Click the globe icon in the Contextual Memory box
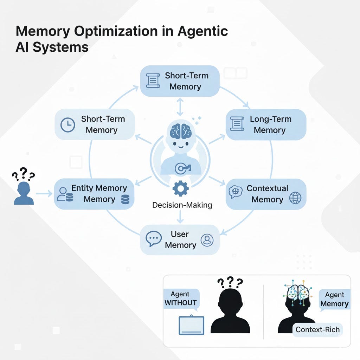pos(295,198)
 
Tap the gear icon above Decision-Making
pos(180,188)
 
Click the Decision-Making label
pos(182,205)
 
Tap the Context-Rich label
pos(317,329)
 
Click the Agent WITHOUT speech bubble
pos(180,298)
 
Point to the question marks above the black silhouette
pos(230,282)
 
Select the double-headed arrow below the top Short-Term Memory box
pos(180,107)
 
